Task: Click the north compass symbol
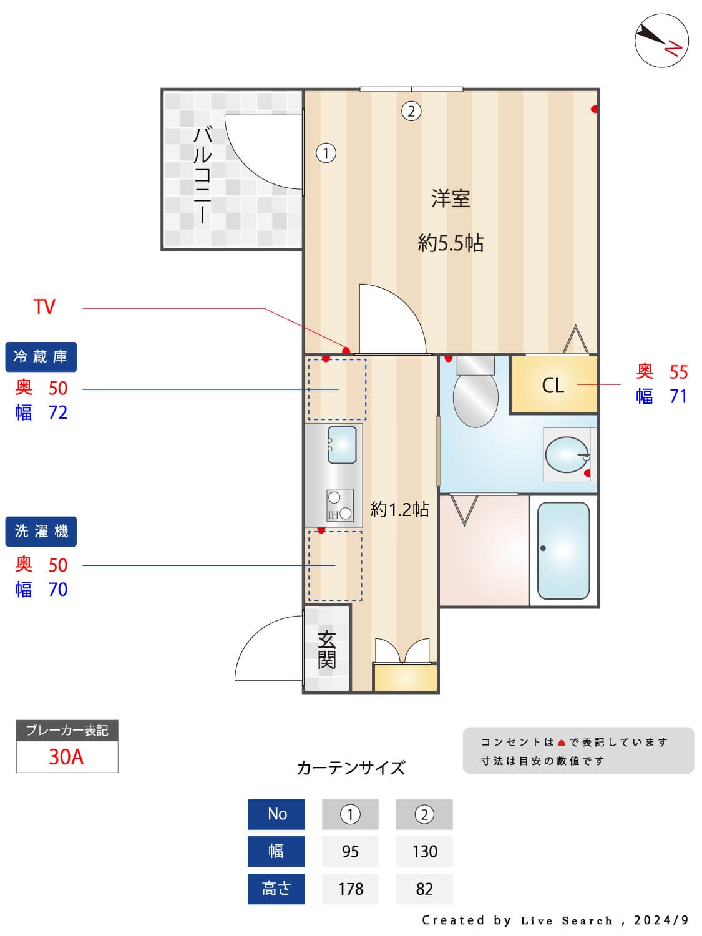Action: pos(661,41)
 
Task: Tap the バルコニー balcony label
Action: pos(202,175)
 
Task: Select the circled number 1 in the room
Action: pos(326,153)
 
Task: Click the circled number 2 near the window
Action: pos(411,111)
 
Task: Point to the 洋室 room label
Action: pos(450,199)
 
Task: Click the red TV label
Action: pos(44,307)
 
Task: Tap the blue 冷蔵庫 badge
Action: pos(41,357)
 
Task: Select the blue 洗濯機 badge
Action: pos(41,532)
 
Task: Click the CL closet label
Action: pos(553,386)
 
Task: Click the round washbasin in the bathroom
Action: pos(567,454)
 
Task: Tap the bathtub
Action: pos(563,550)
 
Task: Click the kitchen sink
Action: pos(341,444)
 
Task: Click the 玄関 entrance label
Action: pos(327,650)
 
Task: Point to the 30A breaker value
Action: pos(66,757)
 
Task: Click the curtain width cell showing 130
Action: pos(424,852)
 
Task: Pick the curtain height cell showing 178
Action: pos(350,889)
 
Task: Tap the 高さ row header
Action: pos(276,889)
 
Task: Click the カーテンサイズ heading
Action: pos(351,768)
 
